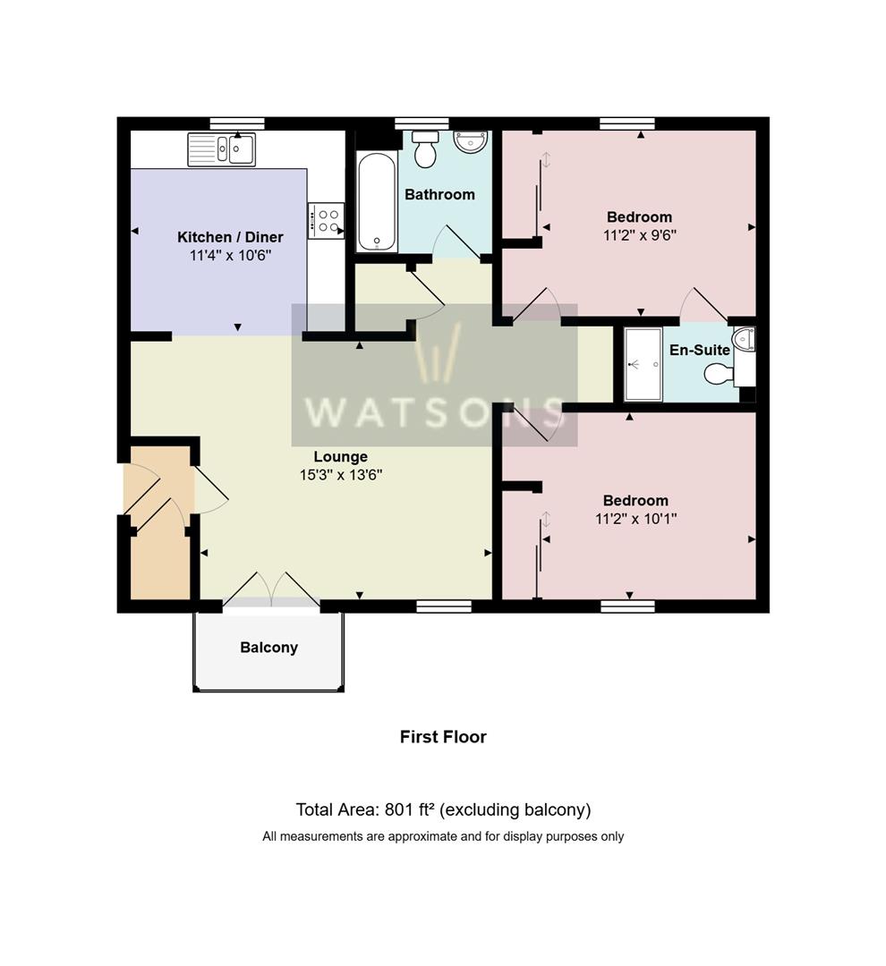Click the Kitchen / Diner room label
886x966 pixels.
click(x=230, y=237)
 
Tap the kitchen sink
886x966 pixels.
click(x=222, y=149)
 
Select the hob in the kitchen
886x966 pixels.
click(x=326, y=221)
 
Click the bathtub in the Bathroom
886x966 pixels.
click(x=377, y=202)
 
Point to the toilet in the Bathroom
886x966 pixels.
click(x=425, y=148)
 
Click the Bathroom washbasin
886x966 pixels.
click(x=471, y=140)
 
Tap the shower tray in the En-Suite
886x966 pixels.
click(x=643, y=365)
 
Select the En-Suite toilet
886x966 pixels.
click(x=719, y=373)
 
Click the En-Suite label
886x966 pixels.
click(x=700, y=350)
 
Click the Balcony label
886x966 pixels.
click(x=268, y=648)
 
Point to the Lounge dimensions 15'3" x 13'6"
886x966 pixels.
click(x=341, y=475)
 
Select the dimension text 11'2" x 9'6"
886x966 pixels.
click(x=640, y=235)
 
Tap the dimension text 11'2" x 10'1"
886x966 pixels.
click(x=635, y=519)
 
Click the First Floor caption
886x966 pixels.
click(x=443, y=737)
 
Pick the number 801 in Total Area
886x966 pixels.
click(x=397, y=809)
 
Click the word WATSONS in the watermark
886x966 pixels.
click(x=435, y=411)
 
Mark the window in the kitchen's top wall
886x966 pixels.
click(x=237, y=123)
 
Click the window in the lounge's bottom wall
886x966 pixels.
click(x=444, y=606)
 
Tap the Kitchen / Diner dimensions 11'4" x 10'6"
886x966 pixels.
click(x=230, y=256)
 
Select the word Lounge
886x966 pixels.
click(x=341, y=457)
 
